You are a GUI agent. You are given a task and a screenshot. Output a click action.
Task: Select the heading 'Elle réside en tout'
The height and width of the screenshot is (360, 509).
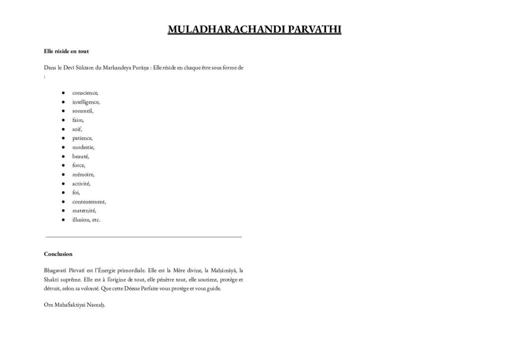point(66,51)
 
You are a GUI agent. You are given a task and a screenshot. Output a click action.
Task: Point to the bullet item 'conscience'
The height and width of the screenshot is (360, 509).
point(85,93)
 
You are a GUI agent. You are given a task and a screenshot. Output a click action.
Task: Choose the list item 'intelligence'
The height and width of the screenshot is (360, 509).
point(85,102)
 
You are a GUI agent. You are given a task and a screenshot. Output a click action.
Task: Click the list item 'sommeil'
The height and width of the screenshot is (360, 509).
point(83,111)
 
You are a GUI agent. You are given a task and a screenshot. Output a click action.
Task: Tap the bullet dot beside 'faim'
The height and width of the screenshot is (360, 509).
point(64,120)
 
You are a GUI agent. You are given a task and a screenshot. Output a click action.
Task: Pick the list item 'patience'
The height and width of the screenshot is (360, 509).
point(82,138)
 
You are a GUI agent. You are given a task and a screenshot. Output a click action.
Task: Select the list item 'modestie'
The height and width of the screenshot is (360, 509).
point(83,147)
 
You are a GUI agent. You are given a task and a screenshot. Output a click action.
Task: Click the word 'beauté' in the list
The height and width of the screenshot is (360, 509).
point(81,156)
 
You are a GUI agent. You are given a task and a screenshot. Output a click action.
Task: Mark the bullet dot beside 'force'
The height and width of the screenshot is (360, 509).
point(64,166)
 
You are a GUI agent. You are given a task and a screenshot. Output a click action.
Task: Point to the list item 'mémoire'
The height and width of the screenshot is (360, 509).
point(83,175)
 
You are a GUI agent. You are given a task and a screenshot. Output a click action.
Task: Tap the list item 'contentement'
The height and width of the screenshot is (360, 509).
point(89,201)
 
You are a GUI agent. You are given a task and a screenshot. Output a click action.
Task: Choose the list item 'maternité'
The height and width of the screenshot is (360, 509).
point(84,211)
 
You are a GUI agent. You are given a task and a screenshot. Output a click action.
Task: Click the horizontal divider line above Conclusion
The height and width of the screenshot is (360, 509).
point(144,237)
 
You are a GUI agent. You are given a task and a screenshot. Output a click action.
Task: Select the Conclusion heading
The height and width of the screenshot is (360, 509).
point(58,254)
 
